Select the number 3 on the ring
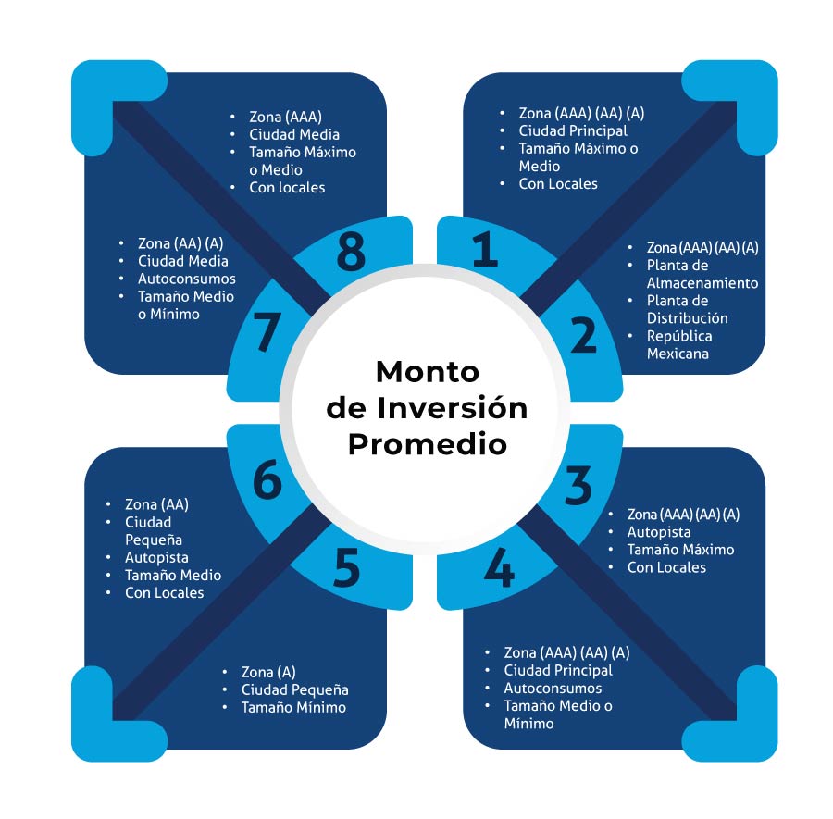[578, 487]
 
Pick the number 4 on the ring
[499, 570]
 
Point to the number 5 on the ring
[346, 570]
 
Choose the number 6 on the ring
[267, 482]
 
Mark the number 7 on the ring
[267, 335]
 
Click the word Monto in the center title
[427, 372]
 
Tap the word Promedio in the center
[427, 443]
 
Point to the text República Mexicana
[679, 344]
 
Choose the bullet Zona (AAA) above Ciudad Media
[284, 118]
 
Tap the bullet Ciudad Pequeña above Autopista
[154, 530]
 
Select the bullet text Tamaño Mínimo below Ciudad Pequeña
[293, 707]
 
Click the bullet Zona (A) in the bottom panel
[268, 672]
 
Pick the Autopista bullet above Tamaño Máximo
[659, 532]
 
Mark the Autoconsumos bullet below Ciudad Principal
[553, 688]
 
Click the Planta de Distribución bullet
[687, 309]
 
